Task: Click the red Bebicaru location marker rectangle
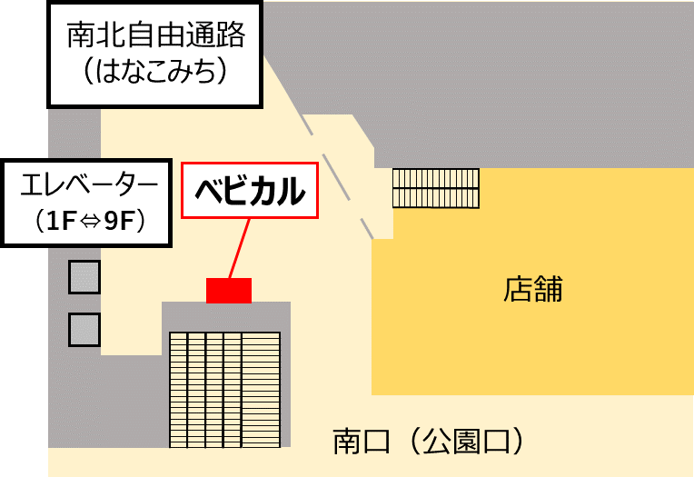(x=229, y=290)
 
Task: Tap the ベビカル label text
(x=250, y=192)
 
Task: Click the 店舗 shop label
(x=533, y=290)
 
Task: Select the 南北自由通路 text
(x=156, y=35)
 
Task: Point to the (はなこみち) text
(x=156, y=72)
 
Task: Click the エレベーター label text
(x=88, y=187)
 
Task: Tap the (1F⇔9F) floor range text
(x=88, y=221)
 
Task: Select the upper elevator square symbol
(x=84, y=276)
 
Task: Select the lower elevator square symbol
(x=84, y=328)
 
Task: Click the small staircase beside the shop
(x=435, y=188)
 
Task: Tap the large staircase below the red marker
(x=224, y=389)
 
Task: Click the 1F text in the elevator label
(x=57, y=221)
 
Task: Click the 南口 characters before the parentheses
(x=362, y=442)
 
